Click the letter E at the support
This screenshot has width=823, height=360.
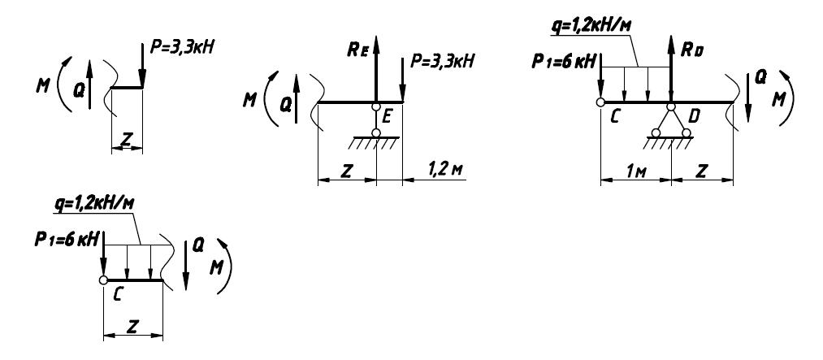(388, 118)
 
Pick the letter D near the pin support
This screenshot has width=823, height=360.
(693, 119)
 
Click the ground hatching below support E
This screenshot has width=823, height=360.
(375, 142)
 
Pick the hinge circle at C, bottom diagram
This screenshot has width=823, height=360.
(104, 281)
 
